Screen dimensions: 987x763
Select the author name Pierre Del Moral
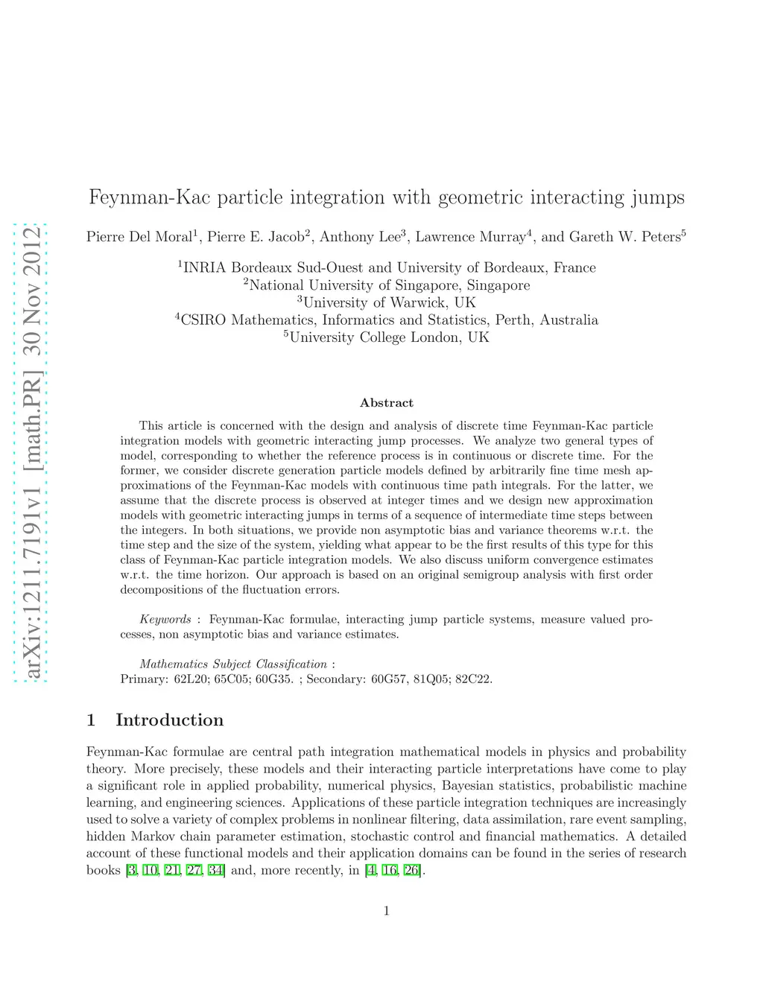point(139,237)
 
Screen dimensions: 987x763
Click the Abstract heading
point(386,403)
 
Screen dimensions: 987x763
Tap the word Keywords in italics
point(165,620)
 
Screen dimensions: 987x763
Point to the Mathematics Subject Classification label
point(233,664)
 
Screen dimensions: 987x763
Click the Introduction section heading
point(169,720)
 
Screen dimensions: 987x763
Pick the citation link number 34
point(216,871)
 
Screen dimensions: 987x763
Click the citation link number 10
point(151,871)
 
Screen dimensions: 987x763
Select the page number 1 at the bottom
point(386,911)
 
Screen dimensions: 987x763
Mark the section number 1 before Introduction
point(91,720)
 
